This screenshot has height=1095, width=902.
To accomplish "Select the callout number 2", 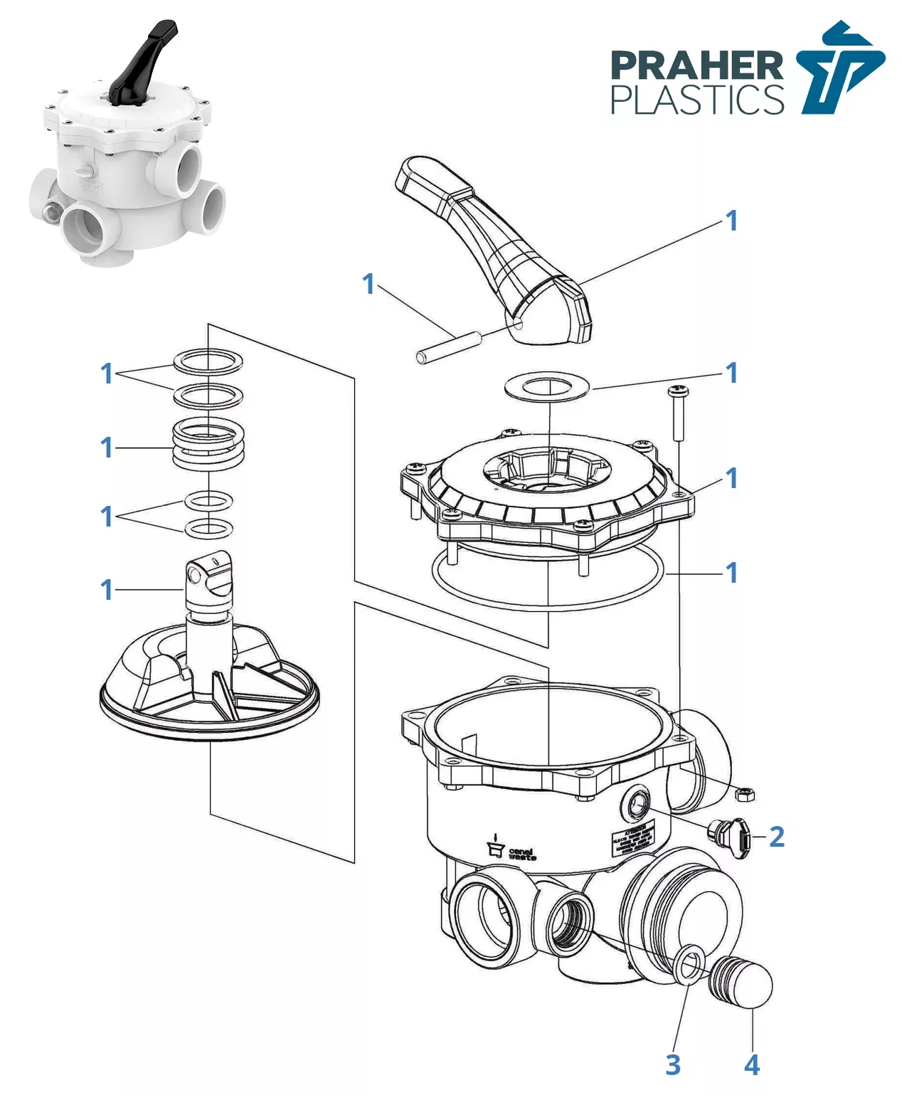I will pyautogui.click(x=776, y=837).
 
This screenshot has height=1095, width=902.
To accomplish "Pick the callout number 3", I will pyautogui.click(x=673, y=1065).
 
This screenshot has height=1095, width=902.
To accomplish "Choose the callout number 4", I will pyautogui.click(x=752, y=1065).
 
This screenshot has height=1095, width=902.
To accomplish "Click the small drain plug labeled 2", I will pyautogui.click(x=729, y=837).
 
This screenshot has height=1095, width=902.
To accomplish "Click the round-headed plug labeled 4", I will pyautogui.click(x=744, y=982).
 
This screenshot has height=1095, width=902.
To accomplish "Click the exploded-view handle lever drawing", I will pyautogui.click(x=498, y=242).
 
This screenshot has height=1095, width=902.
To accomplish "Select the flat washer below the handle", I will pyautogui.click(x=547, y=386).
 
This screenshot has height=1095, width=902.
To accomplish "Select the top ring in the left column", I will pyautogui.click(x=208, y=361).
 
